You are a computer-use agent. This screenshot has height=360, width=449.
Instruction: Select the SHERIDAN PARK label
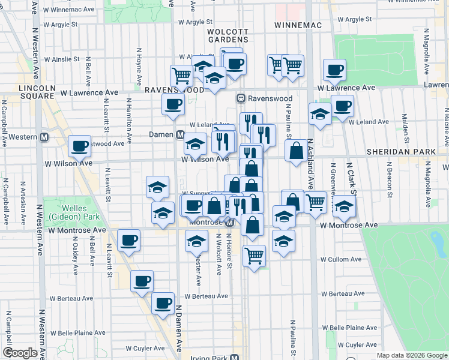click(400, 152)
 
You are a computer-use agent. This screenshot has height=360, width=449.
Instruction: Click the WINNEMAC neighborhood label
click(298, 25)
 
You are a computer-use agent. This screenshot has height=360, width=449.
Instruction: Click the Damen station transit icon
click(179, 135)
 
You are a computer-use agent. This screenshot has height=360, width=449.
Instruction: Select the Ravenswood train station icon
click(241, 98)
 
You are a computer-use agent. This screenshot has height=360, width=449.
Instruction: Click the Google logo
click(20, 353)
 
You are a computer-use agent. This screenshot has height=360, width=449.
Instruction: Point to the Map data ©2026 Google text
click(411, 355)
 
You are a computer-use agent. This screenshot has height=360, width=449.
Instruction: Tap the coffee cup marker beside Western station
click(79, 145)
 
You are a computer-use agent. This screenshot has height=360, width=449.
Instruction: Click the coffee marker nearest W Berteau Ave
click(163, 303)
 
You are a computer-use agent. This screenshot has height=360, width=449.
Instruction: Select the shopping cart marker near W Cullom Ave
click(255, 255)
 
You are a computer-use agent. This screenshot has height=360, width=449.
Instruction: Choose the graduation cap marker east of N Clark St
click(345, 206)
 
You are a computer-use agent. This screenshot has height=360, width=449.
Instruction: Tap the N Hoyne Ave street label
click(139, 67)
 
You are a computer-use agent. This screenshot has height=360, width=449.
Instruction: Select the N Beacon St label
click(389, 179)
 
